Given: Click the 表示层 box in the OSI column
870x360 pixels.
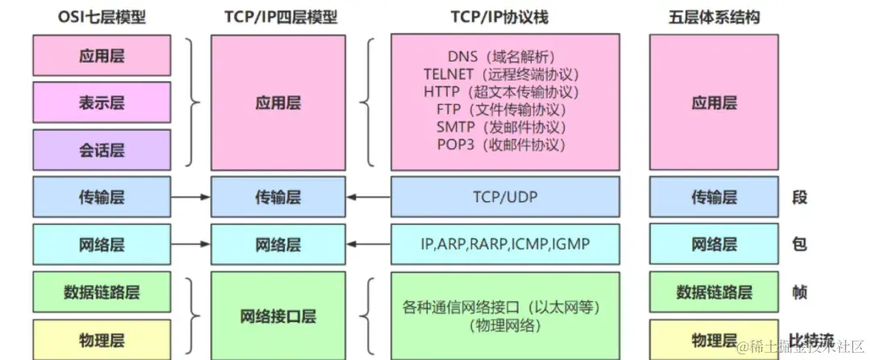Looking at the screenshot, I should point(101,103).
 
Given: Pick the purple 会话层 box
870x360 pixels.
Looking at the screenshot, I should point(101,150).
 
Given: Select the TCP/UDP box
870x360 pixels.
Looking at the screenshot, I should point(505,197).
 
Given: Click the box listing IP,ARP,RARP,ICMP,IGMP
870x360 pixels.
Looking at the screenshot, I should point(505,243).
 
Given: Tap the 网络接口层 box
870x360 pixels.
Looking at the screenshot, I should point(278,315).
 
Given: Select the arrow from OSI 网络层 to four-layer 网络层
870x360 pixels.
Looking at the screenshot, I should point(191,243).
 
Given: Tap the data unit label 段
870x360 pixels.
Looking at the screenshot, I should point(799,197).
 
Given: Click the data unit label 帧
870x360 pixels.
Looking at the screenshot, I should point(799,292).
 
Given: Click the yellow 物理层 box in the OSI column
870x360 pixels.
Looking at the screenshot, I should point(101,339).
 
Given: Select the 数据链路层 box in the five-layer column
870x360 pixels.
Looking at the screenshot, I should point(714,292).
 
